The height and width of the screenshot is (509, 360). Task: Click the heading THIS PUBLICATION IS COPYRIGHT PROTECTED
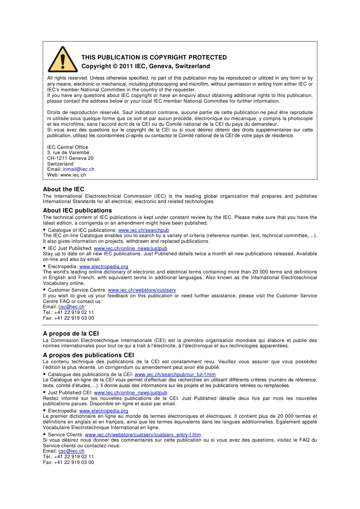coord(154,58)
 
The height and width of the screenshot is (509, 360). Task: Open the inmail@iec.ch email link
coord(78,169)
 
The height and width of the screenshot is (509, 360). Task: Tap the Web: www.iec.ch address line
coord(67,175)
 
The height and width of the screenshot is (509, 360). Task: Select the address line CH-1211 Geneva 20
coord(70,158)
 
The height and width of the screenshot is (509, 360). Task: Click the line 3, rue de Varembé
coord(68,153)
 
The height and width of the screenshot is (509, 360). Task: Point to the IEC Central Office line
coord(67,147)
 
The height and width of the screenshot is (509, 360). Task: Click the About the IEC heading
coord(64,189)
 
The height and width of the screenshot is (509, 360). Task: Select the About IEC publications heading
coord(77,211)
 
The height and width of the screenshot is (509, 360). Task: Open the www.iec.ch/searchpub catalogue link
coord(144,230)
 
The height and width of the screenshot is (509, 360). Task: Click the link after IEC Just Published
coord(130,248)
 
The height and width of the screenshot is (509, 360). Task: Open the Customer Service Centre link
coord(142,290)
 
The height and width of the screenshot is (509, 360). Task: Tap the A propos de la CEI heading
coord(71,334)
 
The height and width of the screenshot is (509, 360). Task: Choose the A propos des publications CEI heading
coord(88,355)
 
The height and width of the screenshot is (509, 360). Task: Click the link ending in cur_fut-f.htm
coord(175,375)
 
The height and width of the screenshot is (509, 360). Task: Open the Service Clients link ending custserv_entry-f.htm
coord(143,435)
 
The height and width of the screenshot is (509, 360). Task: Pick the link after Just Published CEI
coord(130,393)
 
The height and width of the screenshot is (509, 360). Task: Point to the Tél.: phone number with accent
coord(69,457)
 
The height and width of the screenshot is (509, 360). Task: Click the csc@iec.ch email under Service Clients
coord(71,451)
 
